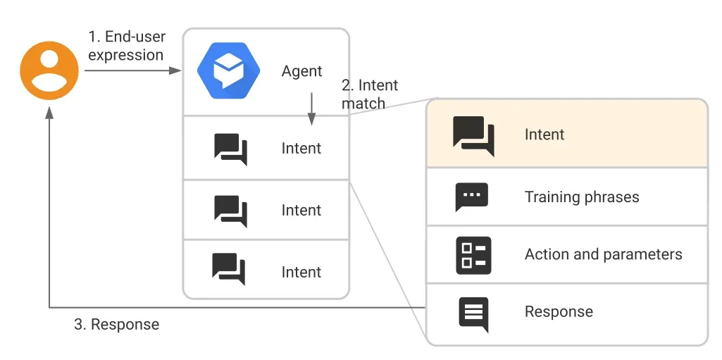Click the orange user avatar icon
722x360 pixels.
[x=49, y=70]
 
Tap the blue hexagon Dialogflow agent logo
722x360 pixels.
[x=228, y=70]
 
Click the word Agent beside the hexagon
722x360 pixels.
[x=302, y=71]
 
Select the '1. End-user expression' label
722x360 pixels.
[x=127, y=46]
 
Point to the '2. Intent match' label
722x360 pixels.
[x=369, y=94]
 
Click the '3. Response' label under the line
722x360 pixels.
[x=116, y=324]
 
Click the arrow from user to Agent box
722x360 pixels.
[x=132, y=70]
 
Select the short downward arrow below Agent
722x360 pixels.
[x=311, y=108]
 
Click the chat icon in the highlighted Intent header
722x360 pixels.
[x=474, y=136]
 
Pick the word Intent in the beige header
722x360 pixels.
[x=544, y=135]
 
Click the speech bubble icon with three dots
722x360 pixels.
[x=471, y=197]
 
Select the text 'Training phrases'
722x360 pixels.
[x=582, y=197]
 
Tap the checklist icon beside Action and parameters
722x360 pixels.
[x=473, y=256]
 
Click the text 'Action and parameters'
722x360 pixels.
[x=603, y=254]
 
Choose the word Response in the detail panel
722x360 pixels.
[x=559, y=311]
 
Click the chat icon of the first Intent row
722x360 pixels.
[x=231, y=149]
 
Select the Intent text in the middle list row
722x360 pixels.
[x=301, y=211]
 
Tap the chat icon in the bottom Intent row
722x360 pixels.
[x=229, y=269]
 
